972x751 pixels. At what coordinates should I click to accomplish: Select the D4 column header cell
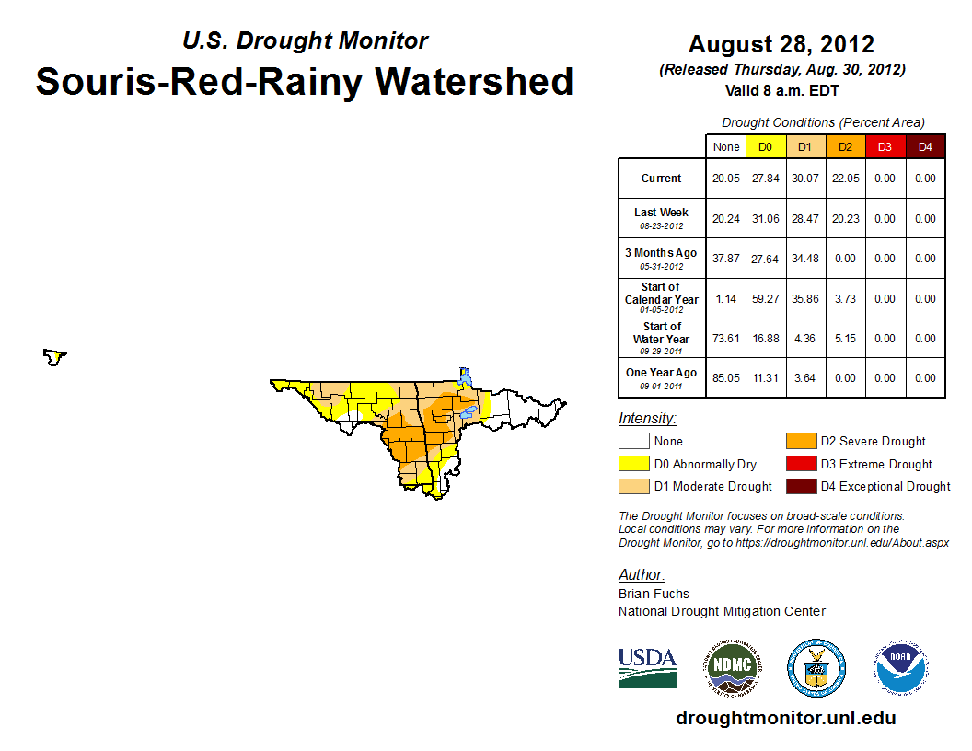point(925,146)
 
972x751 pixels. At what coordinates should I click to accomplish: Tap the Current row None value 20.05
point(725,179)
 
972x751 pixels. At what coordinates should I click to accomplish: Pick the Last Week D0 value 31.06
point(765,219)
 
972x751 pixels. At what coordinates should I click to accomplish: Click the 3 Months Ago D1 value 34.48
point(804,259)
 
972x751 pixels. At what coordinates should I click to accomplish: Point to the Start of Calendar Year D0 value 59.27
point(765,299)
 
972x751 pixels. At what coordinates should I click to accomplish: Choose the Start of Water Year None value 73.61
point(725,339)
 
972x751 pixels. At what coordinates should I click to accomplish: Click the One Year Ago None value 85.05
point(725,377)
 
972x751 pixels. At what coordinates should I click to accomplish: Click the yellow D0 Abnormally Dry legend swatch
point(632,464)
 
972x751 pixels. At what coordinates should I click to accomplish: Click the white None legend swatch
point(632,442)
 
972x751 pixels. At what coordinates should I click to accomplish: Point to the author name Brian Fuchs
point(654,594)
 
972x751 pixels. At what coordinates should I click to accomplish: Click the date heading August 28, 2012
point(781,44)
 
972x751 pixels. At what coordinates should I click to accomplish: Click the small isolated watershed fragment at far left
point(55,356)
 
